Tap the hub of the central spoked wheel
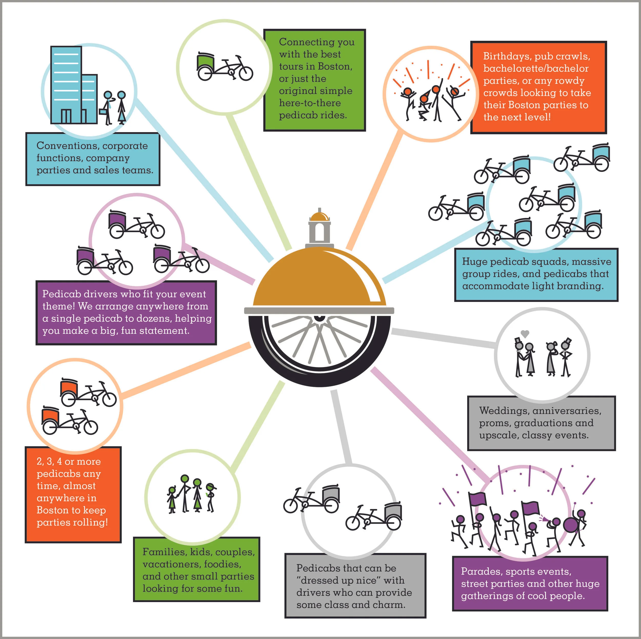[319, 317]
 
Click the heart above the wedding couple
[525, 333]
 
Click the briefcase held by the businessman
[103, 111]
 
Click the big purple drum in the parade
[570, 524]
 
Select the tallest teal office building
[66, 85]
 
